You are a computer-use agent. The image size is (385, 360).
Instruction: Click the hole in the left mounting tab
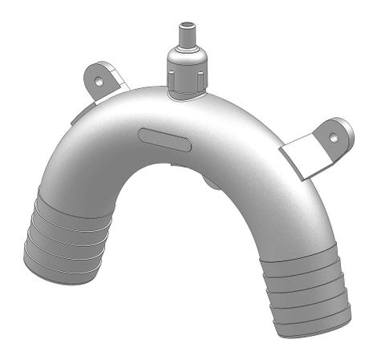tap(98, 80)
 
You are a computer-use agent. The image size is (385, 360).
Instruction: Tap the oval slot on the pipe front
tap(164, 140)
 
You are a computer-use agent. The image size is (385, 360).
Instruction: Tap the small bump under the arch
tap(211, 183)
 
